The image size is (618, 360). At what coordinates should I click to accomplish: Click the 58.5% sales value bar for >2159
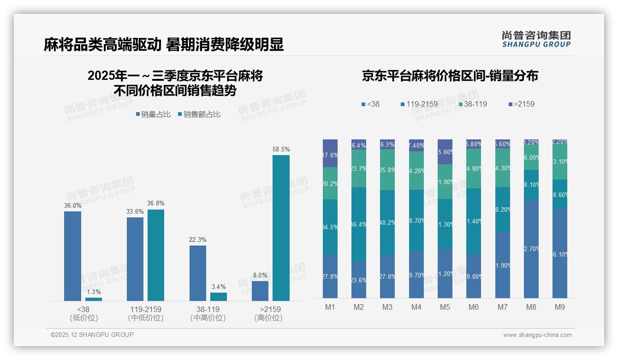(281, 228)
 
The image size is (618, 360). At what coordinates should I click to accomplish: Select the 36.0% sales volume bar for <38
(72, 256)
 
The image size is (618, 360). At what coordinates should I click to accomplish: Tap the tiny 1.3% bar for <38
(94, 299)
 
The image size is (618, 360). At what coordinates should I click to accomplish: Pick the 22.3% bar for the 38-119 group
(198, 273)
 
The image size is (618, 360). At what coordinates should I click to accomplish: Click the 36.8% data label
(156, 203)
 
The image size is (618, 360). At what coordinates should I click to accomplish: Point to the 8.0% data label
(260, 275)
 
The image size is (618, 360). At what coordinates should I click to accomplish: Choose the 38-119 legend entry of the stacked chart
(472, 104)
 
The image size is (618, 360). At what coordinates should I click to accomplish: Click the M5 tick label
(445, 307)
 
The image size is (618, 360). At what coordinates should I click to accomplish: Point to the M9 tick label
(559, 307)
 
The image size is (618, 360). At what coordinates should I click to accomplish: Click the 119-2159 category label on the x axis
(145, 309)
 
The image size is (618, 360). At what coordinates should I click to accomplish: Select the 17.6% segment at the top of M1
(330, 153)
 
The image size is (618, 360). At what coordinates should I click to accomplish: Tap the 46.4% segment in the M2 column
(359, 224)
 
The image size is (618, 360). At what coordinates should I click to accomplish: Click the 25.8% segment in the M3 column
(387, 169)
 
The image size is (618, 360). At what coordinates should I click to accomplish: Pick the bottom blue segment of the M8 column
(531, 248)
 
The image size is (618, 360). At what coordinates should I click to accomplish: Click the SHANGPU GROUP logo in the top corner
(536, 39)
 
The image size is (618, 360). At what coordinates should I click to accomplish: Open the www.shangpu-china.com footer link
(537, 335)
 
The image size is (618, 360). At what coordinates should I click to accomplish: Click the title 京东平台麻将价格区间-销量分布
(450, 76)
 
